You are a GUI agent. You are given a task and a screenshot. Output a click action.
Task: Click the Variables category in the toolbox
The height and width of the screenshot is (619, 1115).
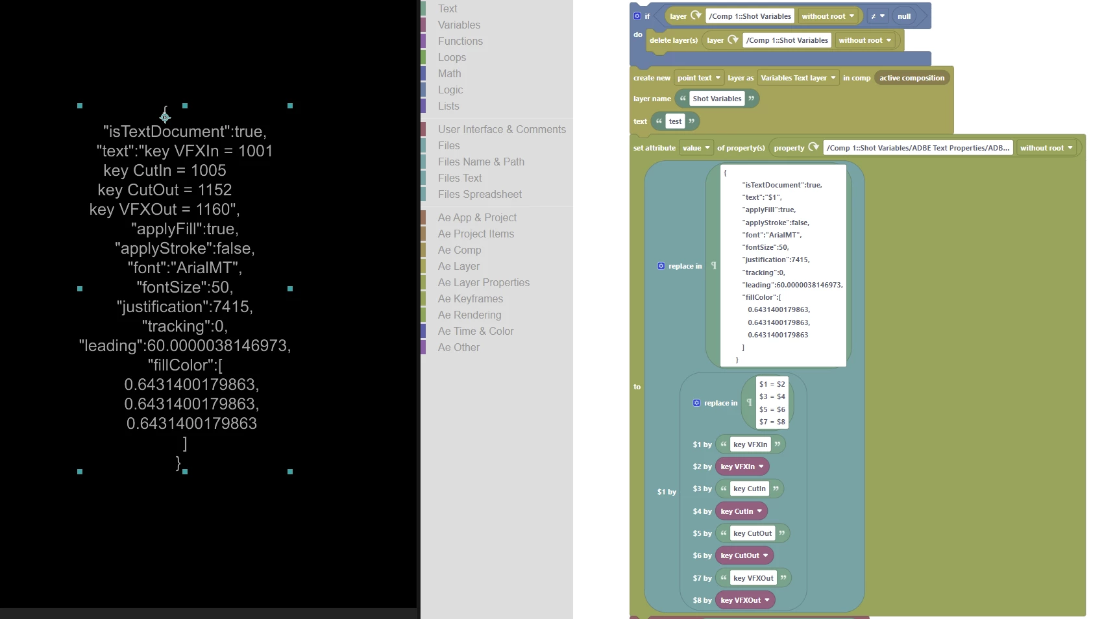[x=459, y=25]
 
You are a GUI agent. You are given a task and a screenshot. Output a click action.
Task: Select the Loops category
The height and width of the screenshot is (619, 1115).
[x=452, y=57]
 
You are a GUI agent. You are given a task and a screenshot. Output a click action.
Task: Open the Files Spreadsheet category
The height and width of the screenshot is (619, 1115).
[x=480, y=194]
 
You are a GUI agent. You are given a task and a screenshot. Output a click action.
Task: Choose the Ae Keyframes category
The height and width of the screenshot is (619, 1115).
[x=470, y=298]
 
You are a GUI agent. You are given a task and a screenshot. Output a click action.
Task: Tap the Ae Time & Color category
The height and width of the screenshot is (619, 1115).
[x=475, y=331]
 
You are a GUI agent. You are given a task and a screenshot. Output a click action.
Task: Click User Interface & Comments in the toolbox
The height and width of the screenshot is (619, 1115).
[x=502, y=129]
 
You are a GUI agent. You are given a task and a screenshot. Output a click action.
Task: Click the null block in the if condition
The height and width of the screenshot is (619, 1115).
[x=904, y=16]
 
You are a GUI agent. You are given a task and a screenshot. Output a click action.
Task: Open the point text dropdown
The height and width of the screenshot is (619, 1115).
[x=699, y=78]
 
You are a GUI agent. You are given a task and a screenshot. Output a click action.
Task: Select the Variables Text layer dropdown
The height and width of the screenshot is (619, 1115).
[x=798, y=78]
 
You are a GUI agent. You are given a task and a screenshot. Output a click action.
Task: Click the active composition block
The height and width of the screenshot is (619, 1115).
[x=912, y=78]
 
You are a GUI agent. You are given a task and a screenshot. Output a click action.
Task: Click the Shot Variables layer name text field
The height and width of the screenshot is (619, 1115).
[x=717, y=99]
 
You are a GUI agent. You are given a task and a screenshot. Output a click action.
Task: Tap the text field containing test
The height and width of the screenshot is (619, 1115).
[x=675, y=121]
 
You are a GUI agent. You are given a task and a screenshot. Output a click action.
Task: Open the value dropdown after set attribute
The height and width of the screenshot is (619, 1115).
[x=696, y=148]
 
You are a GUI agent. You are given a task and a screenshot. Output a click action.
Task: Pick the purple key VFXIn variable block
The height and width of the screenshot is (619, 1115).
[x=741, y=467]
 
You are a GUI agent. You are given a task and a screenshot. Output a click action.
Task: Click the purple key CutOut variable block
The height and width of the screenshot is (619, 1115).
[x=744, y=555]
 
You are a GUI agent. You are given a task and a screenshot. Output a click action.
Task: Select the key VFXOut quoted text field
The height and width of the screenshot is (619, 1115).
[x=753, y=578]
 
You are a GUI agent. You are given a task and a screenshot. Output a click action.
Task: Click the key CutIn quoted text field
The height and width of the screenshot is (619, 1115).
[x=750, y=489]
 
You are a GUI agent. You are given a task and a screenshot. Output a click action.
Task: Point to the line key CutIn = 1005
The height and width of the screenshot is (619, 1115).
[x=165, y=171]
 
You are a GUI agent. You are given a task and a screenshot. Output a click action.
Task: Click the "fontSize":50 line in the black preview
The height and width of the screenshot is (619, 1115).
[x=185, y=287]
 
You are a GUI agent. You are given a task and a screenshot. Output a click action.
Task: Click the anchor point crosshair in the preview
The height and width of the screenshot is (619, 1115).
[x=165, y=117]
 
